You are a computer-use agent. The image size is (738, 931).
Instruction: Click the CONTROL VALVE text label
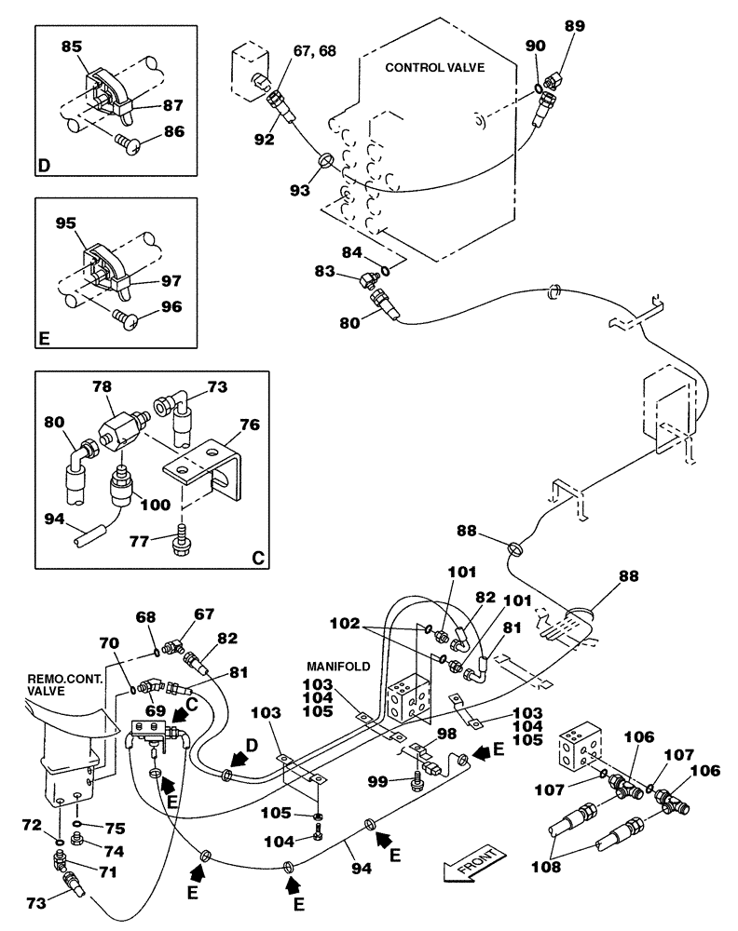434,67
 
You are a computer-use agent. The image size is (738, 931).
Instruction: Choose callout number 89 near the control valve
575,26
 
